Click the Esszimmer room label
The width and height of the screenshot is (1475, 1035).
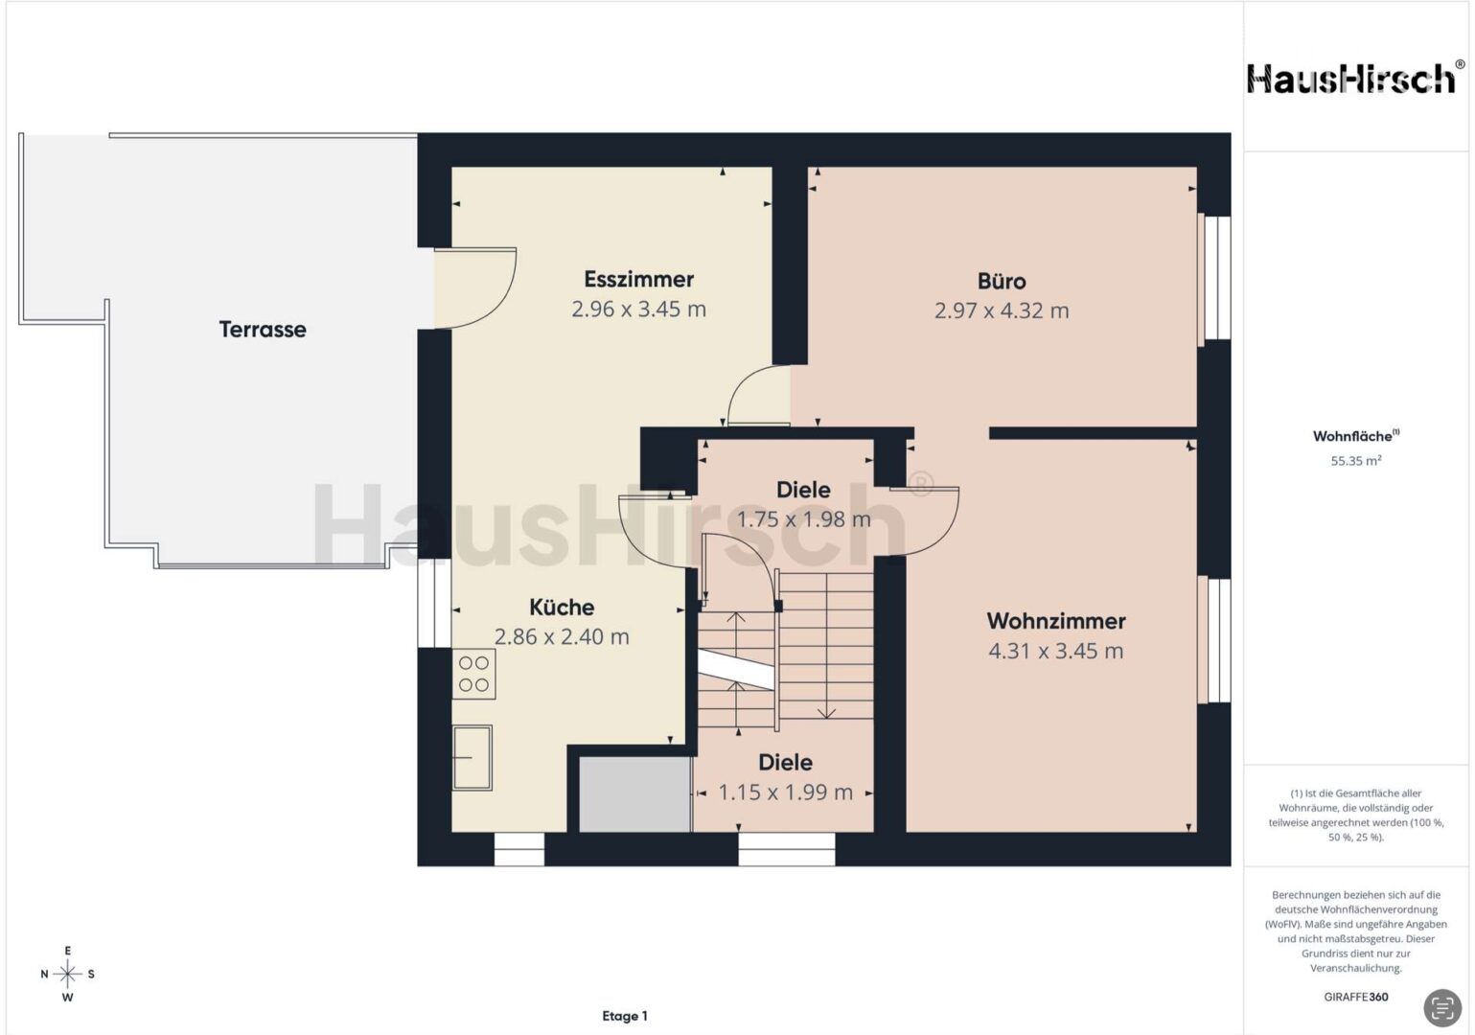638,279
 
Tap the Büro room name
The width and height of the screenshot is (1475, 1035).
1002,281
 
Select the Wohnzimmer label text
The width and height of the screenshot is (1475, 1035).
1056,621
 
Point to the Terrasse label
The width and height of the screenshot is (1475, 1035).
263,330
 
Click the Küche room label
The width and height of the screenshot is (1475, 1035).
562,607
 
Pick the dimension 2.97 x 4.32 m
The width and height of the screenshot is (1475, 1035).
1002,310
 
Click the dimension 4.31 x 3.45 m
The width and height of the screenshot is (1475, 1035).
1056,651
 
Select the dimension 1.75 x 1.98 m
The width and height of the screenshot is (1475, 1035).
803,519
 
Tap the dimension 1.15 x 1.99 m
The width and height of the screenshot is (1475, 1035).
786,792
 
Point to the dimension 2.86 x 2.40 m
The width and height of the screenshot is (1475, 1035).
562,636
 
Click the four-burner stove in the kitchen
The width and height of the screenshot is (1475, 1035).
473,675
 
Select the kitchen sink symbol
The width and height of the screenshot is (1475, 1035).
472,758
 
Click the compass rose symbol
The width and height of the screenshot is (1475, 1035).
67,974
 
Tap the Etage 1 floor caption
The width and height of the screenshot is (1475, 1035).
625,1016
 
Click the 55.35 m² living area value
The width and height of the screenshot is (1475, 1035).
1356,461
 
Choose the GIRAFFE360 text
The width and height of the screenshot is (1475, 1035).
1356,997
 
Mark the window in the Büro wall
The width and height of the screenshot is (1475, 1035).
1213,278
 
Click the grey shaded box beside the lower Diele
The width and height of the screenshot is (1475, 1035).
634,794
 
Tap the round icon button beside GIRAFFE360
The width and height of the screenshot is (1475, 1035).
1442,1007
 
